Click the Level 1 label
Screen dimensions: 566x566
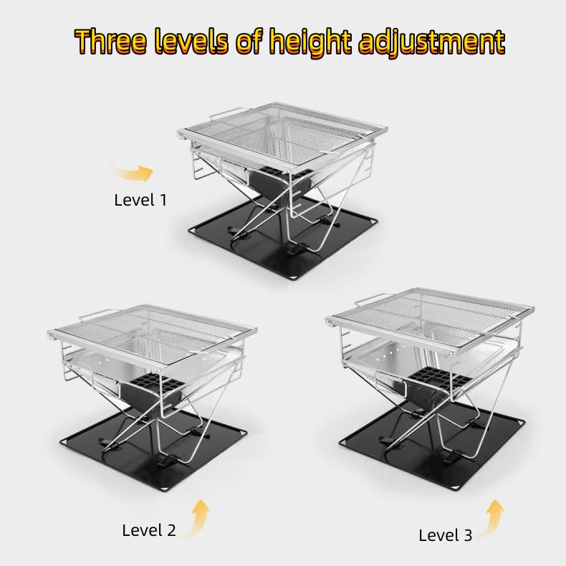click(x=140, y=200)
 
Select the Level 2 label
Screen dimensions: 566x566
click(x=148, y=530)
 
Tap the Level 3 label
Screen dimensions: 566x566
click(x=445, y=535)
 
